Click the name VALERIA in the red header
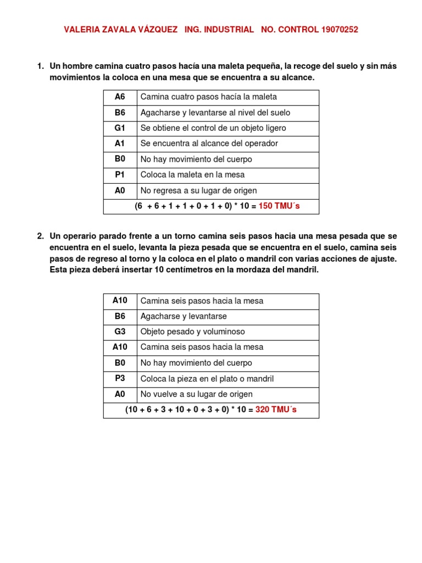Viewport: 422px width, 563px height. tap(82, 30)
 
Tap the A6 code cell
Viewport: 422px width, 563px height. tap(120, 97)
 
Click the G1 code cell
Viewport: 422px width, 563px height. tap(120, 128)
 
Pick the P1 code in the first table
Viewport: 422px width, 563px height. tap(120, 175)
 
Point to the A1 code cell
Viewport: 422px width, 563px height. tap(120, 143)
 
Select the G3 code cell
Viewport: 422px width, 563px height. tap(120, 332)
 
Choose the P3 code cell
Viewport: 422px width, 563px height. tap(120, 378)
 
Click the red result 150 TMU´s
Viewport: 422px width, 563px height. tap(279, 207)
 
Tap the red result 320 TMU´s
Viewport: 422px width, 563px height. tap(276, 410)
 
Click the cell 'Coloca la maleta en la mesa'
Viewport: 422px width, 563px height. tap(192, 175)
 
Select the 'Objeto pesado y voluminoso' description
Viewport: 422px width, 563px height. tap(193, 332)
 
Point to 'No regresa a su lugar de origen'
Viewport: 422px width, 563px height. tap(198, 191)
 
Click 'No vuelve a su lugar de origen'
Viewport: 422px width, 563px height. tap(197, 394)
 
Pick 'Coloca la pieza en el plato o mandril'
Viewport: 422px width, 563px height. tap(207, 379)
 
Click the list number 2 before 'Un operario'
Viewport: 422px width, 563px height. tap(40, 236)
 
